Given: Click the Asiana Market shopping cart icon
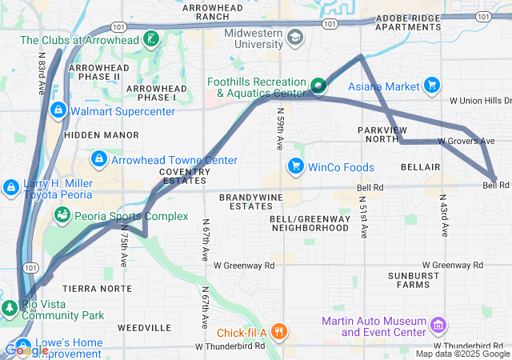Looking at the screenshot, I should point(432,86).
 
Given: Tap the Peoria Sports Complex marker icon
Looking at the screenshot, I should point(61,215).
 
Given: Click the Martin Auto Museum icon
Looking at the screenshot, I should point(438,326).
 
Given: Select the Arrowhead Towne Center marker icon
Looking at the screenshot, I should point(99,159).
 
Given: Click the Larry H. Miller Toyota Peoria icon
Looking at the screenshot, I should point(11,188).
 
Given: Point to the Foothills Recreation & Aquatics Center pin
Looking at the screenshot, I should point(318,85).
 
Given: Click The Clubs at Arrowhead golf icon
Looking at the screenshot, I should point(151,39).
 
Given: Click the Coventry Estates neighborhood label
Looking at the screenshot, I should point(185,176).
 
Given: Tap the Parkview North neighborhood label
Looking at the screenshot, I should point(383,134).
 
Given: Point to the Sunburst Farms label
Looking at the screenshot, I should point(413,279).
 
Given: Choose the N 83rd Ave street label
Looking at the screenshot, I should point(40,74).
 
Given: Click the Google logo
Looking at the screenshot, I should point(26,350).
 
